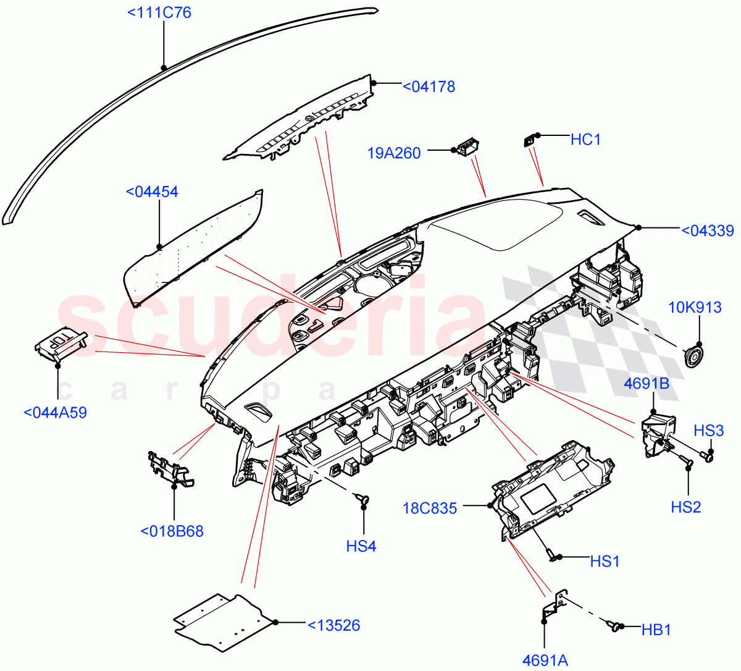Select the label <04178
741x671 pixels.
click(429, 87)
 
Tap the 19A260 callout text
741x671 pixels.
click(394, 153)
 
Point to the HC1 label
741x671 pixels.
click(585, 140)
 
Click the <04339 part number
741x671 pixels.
click(707, 231)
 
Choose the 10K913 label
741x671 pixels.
click(695, 307)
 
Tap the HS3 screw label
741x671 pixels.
click(708, 431)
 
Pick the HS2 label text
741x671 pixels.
click(685, 507)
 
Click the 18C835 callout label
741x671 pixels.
click(430, 509)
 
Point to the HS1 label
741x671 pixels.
click(605, 561)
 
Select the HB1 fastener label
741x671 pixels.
click(656, 630)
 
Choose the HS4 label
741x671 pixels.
click(361, 546)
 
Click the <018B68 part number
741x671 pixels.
click(172, 531)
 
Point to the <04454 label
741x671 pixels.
click(152, 192)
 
